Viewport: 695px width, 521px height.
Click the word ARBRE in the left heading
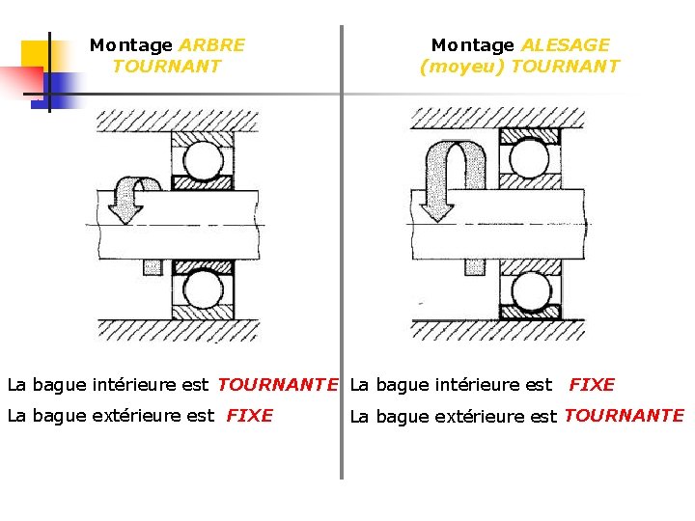(212, 45)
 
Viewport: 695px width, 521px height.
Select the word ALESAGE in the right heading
(566, 45)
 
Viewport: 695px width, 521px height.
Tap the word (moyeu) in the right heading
(461, 67)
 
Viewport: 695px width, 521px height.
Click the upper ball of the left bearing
(203, 160)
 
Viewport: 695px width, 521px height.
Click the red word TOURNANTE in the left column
(278, 385)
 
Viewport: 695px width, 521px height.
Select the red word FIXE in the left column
(249, 416)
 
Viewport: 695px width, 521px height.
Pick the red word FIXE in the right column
(592, 385)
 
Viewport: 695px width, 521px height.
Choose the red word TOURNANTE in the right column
(624, 416)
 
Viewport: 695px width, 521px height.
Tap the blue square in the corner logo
(56, 89)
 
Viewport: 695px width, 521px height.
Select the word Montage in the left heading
(131, 45)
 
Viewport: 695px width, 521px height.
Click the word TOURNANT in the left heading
(167, 67)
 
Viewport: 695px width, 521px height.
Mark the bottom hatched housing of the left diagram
(178, 330)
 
